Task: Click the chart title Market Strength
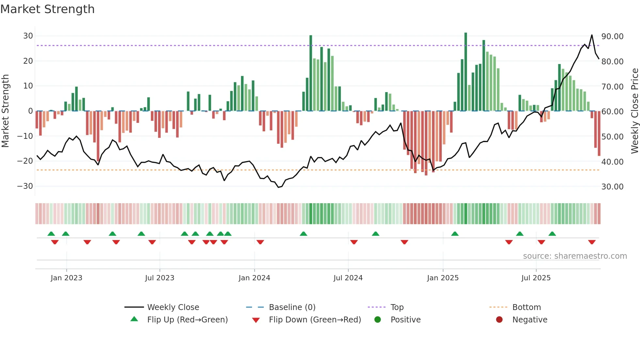click(x=48, y=9)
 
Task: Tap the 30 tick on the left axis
click(x=28, y=36)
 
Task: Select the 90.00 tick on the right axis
click(x=612, y=37)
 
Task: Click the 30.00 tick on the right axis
click(x=612, y=187)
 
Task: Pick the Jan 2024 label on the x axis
click(x=254, y=278)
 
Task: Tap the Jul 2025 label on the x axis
click(x=536, y=278)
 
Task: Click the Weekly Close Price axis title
click(x=634, y=111)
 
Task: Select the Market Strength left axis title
click(x=5, y=111)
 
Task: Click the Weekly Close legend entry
click(x=173, y=307)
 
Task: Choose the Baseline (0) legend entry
click(x=292, y=307)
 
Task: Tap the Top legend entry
click(x=397, y=307)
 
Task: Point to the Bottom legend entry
click(x=526, y=307)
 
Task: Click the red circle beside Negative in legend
click(x=499, y=319)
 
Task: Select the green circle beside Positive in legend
click(x=378, y=319)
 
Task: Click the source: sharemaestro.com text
click(x=575, y=256)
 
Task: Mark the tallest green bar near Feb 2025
click(x=466, y=72)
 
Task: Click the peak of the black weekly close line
click(x=592, y=35)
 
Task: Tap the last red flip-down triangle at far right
click(x=592, y=242)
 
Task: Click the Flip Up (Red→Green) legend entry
click(x=187, y=320)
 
